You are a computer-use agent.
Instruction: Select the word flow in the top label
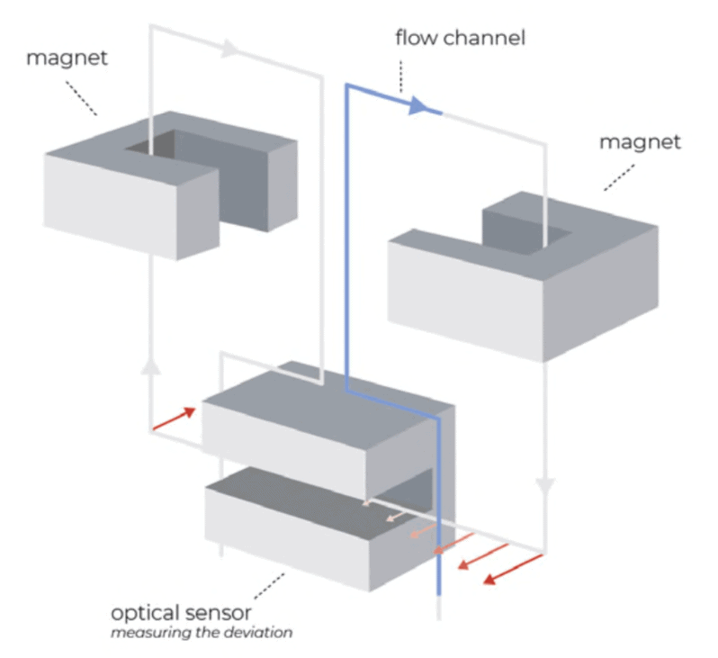coord(415,38)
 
